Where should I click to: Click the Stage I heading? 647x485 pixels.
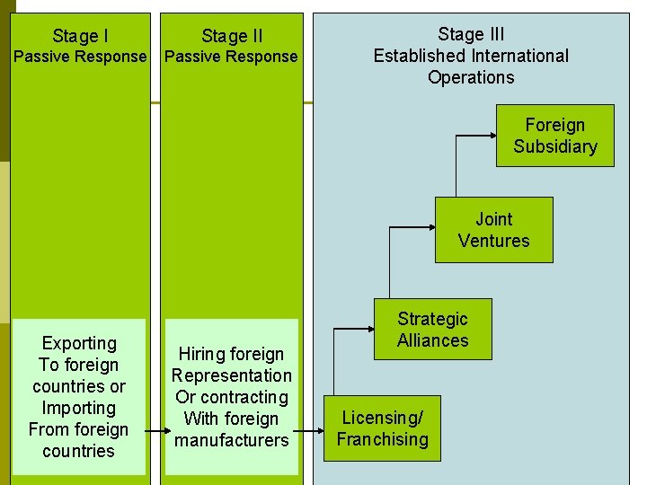[80, 36]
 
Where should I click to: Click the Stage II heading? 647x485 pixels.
[232, 36]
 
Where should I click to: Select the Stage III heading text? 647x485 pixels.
[471, 35]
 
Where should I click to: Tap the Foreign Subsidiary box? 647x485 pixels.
[554, 136]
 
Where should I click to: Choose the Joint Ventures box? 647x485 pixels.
[493, 230]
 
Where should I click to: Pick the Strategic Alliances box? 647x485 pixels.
[433, 330]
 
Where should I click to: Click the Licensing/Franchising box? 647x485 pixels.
[382, 428]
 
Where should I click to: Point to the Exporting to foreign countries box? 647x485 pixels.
[78, 397]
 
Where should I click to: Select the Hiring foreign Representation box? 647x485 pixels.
[232, 397]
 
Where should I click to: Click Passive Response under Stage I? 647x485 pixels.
[80, 57]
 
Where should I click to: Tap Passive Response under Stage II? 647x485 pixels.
[232, 57]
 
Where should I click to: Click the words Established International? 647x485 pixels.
[471, 56]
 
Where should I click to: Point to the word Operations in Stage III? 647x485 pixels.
[471, 77]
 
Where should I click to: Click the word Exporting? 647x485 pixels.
[79, 343]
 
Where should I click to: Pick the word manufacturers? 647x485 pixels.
[232, 440]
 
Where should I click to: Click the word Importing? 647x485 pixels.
[79, 408]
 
